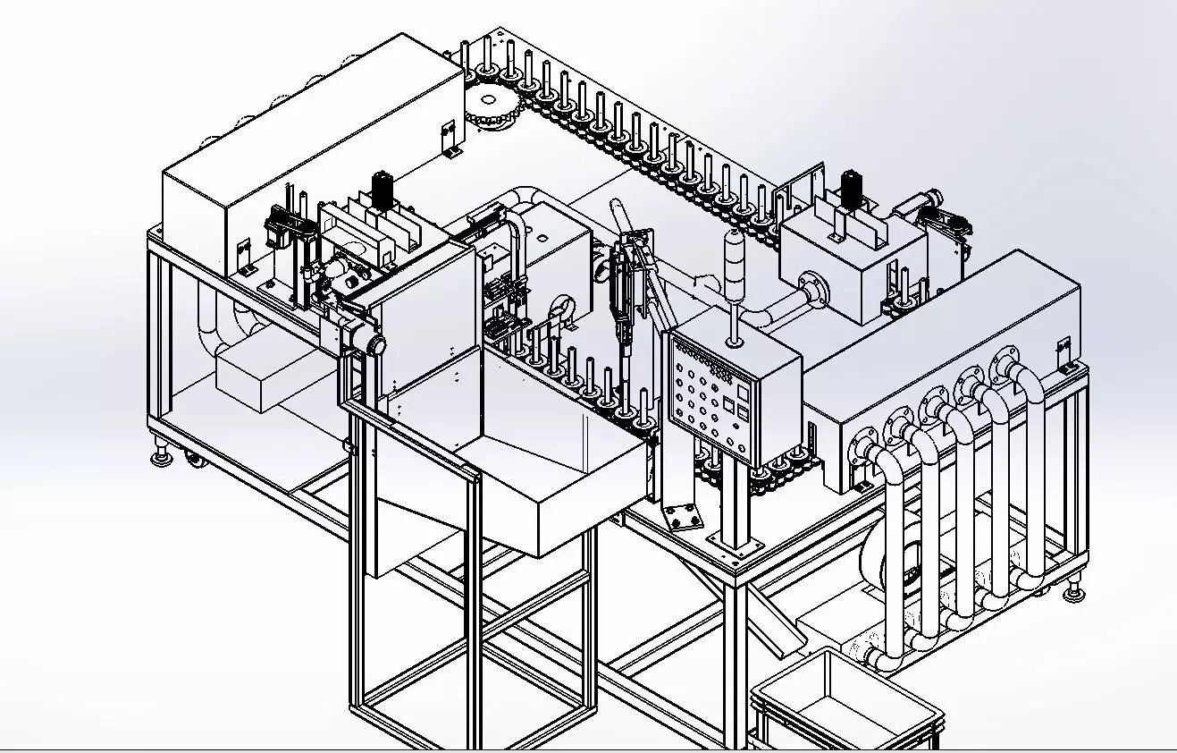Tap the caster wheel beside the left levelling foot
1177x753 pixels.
[193, 461]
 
